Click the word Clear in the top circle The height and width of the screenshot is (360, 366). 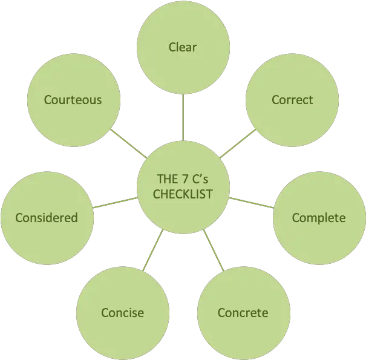(x=183, y=47)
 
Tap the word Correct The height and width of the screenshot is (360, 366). (x=292, y=100)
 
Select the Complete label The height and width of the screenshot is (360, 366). (x=319, y=218)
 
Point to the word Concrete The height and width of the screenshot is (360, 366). (x=243, y=313)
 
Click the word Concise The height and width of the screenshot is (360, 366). (x=123, y=313)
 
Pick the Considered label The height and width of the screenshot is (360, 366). (x=47, y=218)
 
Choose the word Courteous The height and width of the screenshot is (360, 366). (x=73, y=99)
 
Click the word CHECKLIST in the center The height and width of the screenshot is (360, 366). (x=183, y=194)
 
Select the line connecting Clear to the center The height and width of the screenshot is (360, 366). (x=183, y=117)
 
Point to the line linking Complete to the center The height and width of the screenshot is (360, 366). (x=250, y=203)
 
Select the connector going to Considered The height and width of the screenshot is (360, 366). (x=115, y=203)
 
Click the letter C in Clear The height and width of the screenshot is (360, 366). (x=172, y=47)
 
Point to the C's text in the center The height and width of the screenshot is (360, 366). (x=201, y=179)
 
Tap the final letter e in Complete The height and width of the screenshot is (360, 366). (x=342, y=218)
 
